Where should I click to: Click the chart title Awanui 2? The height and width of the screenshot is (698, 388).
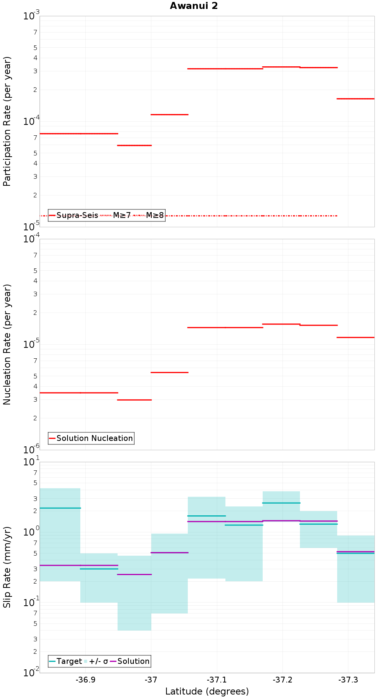click(x=194, y=6)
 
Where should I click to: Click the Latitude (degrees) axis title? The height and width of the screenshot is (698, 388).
click(x=207, y=691)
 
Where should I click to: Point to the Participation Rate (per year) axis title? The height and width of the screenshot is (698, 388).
click(x=7, y=121)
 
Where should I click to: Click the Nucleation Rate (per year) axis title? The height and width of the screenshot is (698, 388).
click(x=7, y=344)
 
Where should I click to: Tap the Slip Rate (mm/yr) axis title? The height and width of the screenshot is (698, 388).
click(x=7, y=567)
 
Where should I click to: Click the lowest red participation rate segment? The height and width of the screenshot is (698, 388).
click(x=134, y=145)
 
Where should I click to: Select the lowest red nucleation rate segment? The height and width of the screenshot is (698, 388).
click(x=134, y=400)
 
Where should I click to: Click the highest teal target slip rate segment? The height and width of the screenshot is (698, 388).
click(x=281, y=503)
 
